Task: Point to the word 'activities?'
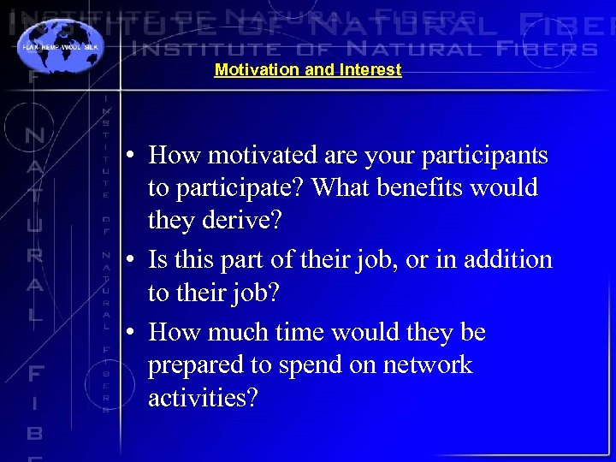[202, 398]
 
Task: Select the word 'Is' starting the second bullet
[157, 259]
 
